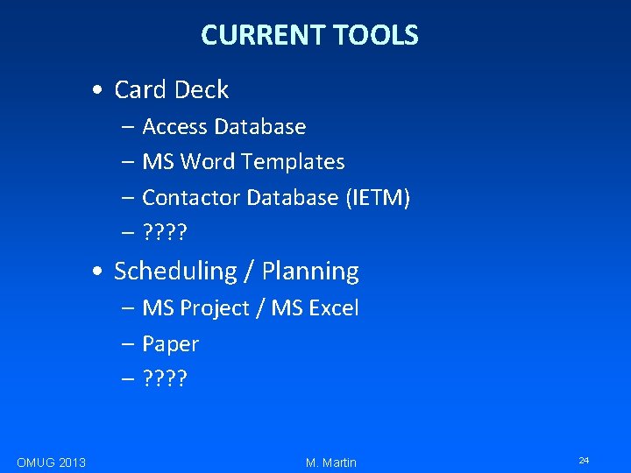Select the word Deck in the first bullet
(x=201, y=89)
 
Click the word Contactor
(x=190, y=198)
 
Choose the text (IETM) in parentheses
(x=377, y=198)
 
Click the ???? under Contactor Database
(x=166, y=234)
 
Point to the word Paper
(x=170, y=344)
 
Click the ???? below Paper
(x=166, y=380)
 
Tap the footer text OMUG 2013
(x=51, y=462)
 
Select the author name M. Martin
(x=331, y=462)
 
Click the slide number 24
(x=584, y=460)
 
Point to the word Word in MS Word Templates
(x=208, y=162)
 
